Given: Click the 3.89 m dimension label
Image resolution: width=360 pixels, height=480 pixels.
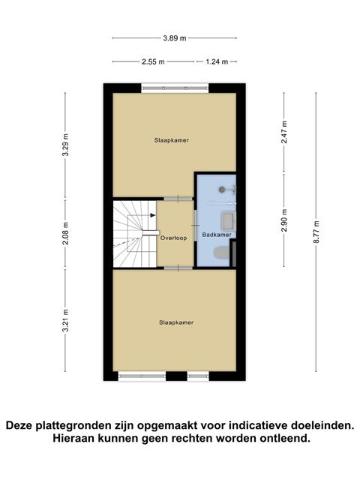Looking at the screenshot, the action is (175, 38).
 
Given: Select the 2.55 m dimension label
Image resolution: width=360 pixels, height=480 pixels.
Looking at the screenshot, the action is (153, 61).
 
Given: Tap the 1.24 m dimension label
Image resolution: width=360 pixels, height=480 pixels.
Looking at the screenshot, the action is (217, 61).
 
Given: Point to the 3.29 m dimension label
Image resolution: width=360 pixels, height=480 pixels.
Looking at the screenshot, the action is (65, 145).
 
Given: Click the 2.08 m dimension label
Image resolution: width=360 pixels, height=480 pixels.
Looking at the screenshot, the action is (65, 233).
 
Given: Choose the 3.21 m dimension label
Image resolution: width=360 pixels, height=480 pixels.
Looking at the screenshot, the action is (65, 320).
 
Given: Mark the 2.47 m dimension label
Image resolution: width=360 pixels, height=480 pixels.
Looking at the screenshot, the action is (284, 132).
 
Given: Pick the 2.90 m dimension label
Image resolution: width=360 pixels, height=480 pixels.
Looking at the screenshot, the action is (284, 220).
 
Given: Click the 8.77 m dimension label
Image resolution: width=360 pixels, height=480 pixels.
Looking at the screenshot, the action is (316, 232).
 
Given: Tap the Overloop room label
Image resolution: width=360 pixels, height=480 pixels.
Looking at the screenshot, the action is (173, 238).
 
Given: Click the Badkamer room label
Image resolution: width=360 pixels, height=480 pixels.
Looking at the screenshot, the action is (217, 235).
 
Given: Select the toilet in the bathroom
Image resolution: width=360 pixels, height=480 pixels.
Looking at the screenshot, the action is (221, 253).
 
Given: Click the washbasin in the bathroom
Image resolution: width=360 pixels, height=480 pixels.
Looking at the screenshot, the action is (228, 221).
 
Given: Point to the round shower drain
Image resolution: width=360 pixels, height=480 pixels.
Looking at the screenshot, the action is (222, 190).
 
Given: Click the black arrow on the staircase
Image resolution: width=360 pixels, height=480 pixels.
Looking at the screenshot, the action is (153, 215).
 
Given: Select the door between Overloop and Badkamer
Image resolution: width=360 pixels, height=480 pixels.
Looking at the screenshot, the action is (195, 225).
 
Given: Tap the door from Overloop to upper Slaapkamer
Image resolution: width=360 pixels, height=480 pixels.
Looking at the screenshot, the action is (178, 199).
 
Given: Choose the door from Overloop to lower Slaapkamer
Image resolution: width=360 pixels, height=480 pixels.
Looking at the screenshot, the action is (178, 268).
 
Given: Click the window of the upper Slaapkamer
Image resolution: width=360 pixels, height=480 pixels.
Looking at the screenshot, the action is (175, 88).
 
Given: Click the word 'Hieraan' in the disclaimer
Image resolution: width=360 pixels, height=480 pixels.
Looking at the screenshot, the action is (73, 438).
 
